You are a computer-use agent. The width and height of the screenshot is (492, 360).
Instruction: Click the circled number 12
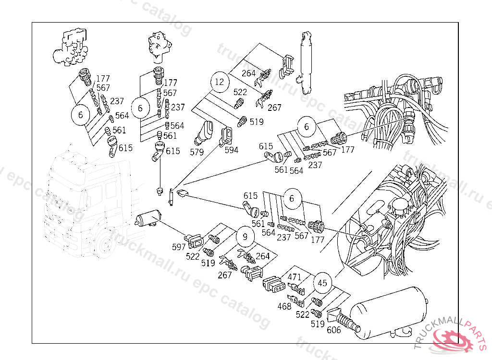220,82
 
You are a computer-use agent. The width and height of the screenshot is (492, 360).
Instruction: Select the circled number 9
246,237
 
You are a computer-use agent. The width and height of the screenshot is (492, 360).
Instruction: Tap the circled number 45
322,283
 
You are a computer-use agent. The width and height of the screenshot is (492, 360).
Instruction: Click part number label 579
197,152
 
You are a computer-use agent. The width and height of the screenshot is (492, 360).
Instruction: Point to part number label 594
232,150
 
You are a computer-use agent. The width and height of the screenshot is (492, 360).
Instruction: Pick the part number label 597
179,247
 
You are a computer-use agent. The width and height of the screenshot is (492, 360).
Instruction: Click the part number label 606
334,330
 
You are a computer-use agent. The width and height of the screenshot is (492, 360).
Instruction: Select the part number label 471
295,277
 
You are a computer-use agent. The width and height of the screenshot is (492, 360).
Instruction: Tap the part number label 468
284,306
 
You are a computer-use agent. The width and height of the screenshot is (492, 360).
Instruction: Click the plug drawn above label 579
203,132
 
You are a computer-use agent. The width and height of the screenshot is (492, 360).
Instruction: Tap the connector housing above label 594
226,136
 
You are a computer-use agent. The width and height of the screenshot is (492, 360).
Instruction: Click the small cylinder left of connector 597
148,217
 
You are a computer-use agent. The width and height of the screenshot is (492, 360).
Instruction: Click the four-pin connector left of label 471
274,285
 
